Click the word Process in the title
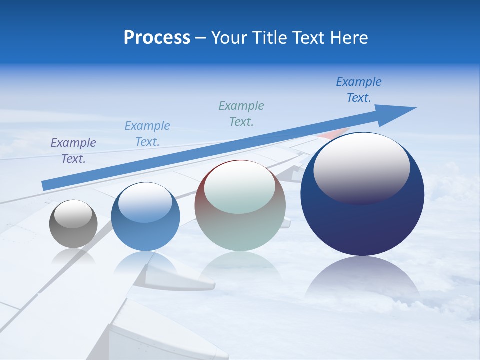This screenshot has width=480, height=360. [x=157, y=38]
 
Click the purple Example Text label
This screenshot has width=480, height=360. [x=73, y=151]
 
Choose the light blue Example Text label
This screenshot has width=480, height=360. [x=147, y=134]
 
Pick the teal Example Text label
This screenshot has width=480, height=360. [x=241, y=114]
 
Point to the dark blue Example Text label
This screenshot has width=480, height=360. [x=359, y=90]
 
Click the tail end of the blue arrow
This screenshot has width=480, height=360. [x=46, y=185]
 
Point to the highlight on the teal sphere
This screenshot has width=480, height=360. [x=240, y=187]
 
